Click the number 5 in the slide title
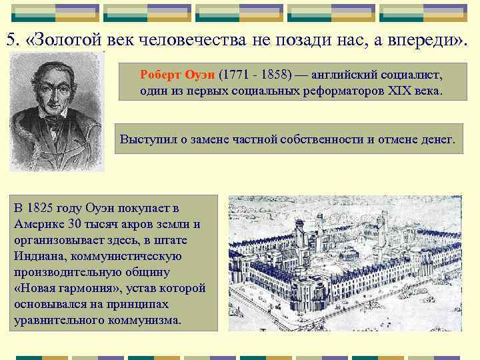[x=11, y=40]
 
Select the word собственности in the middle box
[x=317, y=140]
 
